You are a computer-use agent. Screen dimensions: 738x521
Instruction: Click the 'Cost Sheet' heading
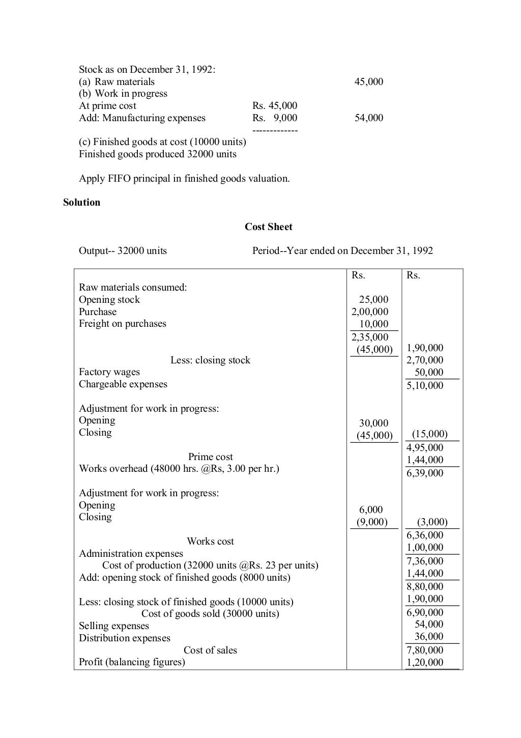tap(268, 227)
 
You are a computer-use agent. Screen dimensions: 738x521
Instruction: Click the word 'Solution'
tap(81, 203)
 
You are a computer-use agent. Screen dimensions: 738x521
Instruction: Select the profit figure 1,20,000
tap(425, 662)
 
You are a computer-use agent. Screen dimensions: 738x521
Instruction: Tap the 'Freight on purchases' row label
tap(122, 324)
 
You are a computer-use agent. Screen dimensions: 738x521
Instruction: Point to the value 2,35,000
tap(370, 337)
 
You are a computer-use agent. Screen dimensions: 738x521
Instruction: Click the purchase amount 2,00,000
tap(370, 312)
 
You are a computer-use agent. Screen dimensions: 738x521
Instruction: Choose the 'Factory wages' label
tap(109, 372)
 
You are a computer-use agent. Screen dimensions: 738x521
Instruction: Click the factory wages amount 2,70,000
tap(425, 360)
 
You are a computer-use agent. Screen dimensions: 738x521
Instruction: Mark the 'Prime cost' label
tap(210, 457)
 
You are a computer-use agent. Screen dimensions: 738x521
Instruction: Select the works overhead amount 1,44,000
tap(425, 460)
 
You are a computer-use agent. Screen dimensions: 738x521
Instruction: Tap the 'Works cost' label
tap(210, 542)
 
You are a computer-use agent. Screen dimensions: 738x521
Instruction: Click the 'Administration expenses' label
tap(131, 554)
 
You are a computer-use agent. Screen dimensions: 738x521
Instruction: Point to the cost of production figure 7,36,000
tap(425, 561)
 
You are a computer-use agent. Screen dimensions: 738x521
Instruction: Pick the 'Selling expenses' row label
tap(114, 626)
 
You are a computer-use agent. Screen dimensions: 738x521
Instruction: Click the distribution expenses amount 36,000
tap(429, 637)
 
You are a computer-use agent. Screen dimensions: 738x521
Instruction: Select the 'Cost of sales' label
tap(210, 650)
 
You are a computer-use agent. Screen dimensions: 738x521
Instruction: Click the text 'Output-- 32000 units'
tap(123, 251)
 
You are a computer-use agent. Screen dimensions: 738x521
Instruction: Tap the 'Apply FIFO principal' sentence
tap(184, 179)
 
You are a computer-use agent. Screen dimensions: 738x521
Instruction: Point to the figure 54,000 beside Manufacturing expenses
tap(369, 118)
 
